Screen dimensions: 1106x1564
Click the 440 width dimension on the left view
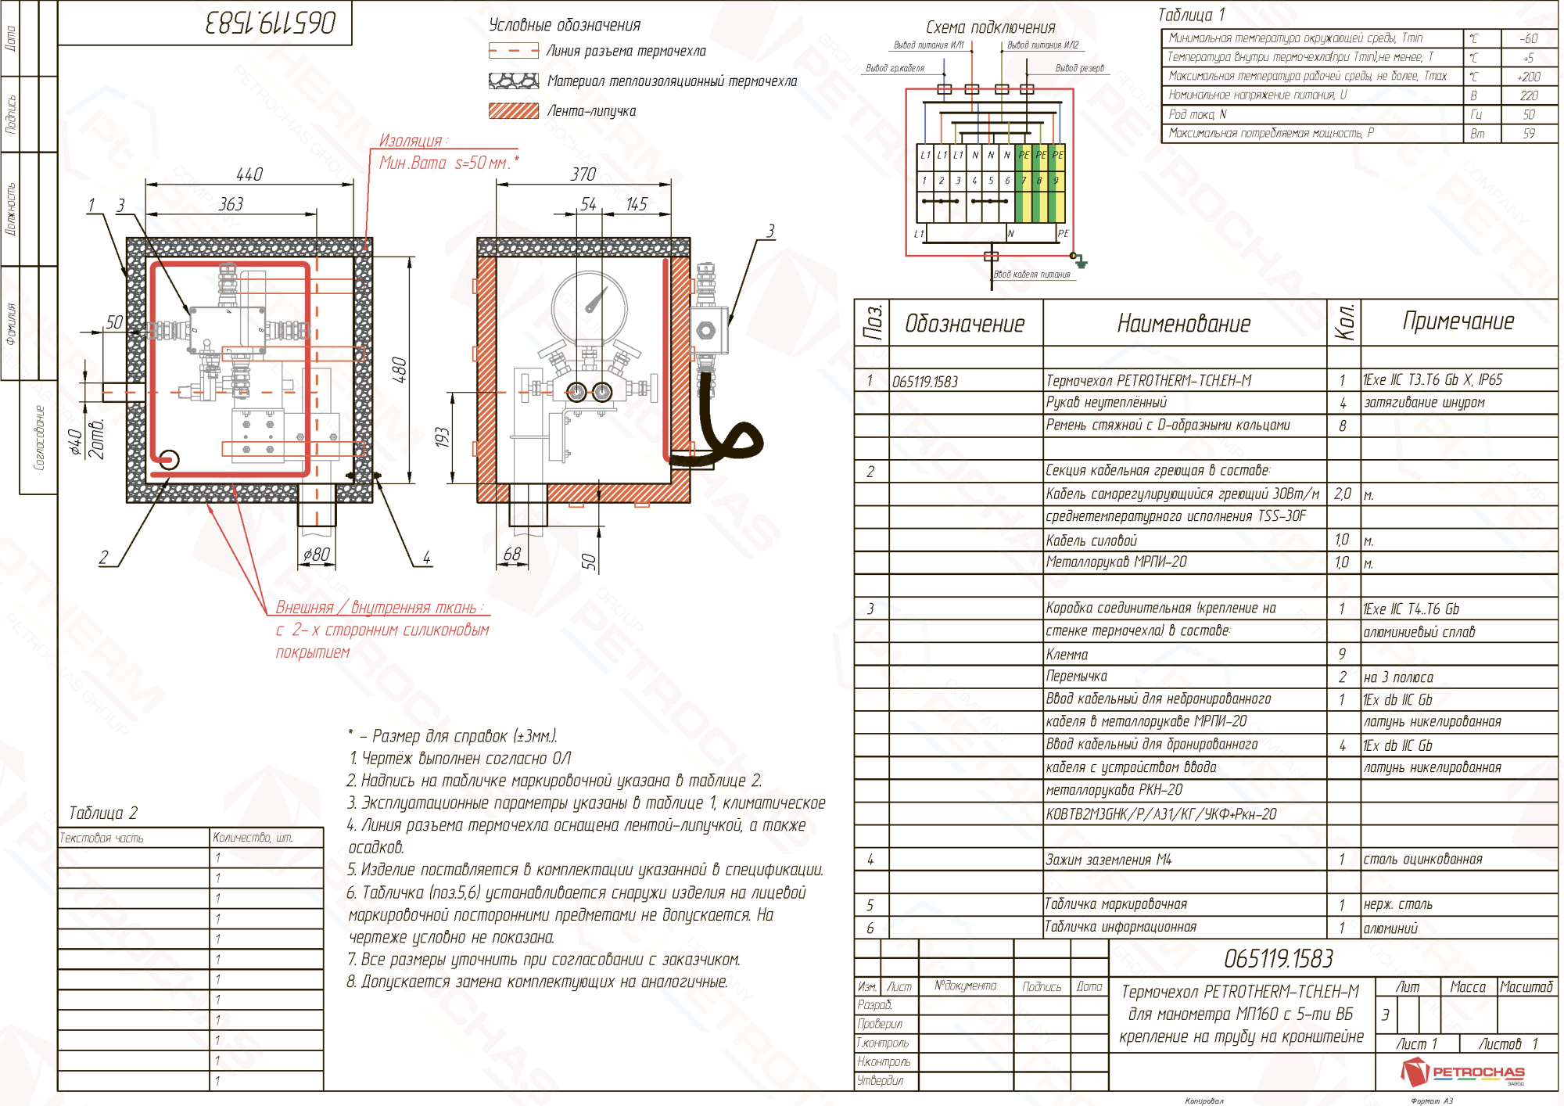pyautogui.click(x=249, y=174)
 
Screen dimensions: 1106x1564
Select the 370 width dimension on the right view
pyautogui.click(x=583, y=174)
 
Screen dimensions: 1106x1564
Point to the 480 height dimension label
pyautogui.click(x=399, y=369)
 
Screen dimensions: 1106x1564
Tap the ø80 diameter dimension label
pyautogui.click(x=317, y=555)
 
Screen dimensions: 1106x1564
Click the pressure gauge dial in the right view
pyautogui.click(x=590, y=305)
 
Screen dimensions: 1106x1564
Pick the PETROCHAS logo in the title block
pyautogui.click(x=1462, y=1072)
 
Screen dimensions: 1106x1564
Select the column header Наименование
pyautogui.click(x=1184, y=323)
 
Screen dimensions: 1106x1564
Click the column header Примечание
pyautogui.click(x=1458, y=321)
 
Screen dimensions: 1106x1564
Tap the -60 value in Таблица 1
pyautogui.click(x=1528, y=38)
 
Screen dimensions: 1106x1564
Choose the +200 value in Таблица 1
pyautogui.click(x=1528, y=77)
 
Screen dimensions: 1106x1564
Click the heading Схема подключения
pyautogui.click(x=990, y=27)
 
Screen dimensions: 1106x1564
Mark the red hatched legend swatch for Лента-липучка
pyautogui.click(x=514, y=111)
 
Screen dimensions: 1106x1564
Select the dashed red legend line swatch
pyautogui.click(x=514, y=51)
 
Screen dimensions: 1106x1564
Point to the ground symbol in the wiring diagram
pyautogui.click(x=1079, y=260)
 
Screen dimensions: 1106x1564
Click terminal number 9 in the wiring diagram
pyautogui.click(x=1056, y=181)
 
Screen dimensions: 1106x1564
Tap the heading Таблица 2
pyautogui.click(x=103, y=813)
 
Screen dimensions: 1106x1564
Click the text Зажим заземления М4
pyautogui.click(x=1109, y=860)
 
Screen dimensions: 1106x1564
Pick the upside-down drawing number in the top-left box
pyautogui.click(x=271, y=23)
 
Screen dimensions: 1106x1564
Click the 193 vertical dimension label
pyautogui.click(x=443, y=437)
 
